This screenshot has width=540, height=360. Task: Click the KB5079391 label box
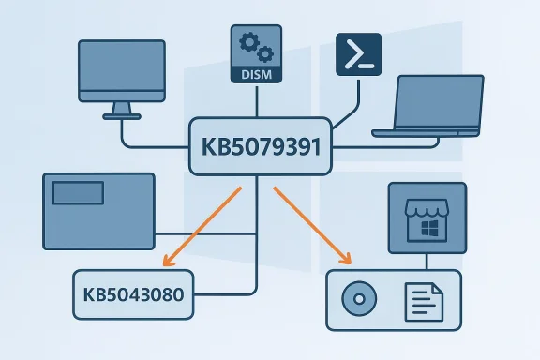pyautogui.click(x=261, y=146)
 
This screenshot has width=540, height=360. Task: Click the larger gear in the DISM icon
pyautogui.click(x=248, y=42)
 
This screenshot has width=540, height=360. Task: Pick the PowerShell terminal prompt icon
pyautogui.click(x=359, y=53)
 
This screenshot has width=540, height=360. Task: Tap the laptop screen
pyautogui.click(x=441, y=102)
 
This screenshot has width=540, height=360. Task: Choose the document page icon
pyautogui.click(x=423, y=302)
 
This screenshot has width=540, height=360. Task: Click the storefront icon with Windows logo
pyautogui.click(x=427, y=221)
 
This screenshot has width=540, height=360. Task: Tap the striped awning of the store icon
pyautogui.click(x=427, y=209)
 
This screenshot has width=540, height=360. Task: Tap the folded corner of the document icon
pyautogui.click(x=436, y=289)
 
